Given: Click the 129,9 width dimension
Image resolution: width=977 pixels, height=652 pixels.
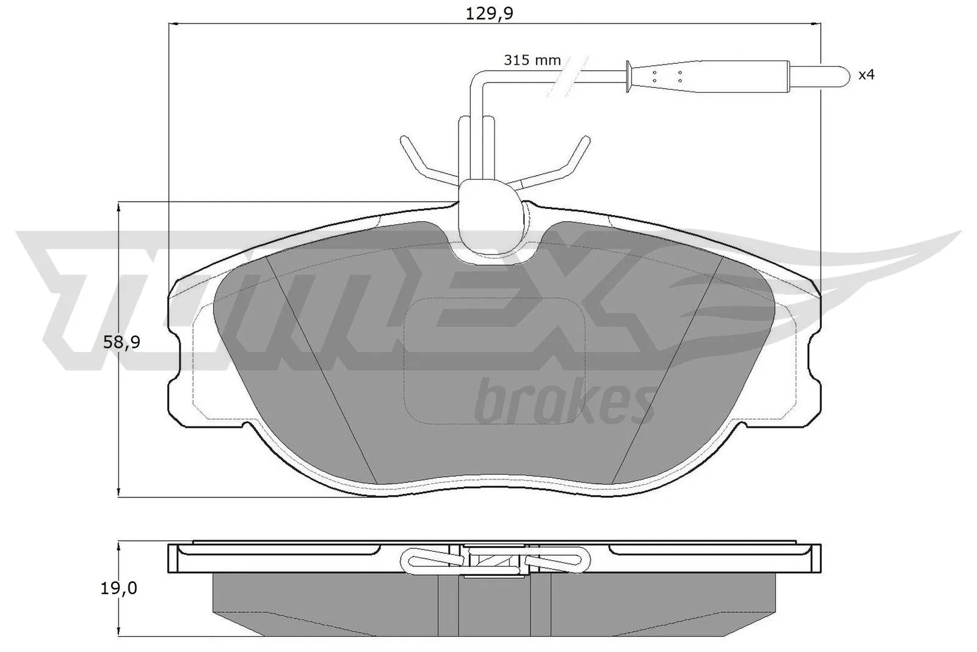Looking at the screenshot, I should (488, 13).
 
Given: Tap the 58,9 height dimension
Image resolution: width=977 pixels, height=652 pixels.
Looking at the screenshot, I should (122, 343).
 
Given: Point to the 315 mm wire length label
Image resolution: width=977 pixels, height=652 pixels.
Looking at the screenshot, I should (532, 60).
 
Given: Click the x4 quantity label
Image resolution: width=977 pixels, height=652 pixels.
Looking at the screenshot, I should (866, 75).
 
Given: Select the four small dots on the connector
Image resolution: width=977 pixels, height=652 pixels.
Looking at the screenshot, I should (667, 76).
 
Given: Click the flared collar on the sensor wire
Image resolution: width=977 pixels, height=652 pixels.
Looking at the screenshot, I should (628, 76).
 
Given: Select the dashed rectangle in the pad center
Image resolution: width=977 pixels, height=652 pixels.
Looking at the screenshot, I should (494, 361).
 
